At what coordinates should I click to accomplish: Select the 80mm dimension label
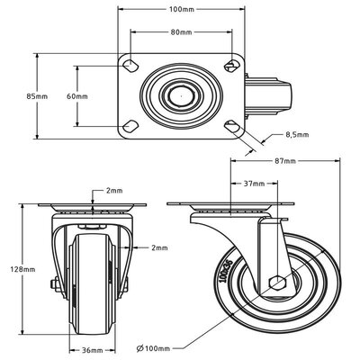[x=182, y=33]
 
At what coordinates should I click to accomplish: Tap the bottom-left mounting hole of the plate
[x=131, y=124]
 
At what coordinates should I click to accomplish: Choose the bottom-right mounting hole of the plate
[x=233, y=124]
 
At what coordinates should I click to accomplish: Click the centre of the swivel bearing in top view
[x=182, y=95]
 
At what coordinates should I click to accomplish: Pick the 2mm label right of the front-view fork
[x=158, y=247]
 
